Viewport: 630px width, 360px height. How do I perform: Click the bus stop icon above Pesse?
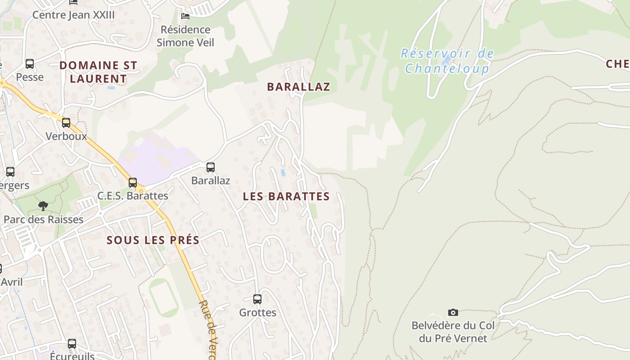[30, 64]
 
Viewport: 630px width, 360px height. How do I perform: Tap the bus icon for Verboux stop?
[66, 122]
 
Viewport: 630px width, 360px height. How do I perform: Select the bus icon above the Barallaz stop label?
[211, 167]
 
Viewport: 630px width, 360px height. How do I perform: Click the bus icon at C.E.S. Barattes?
[133, 183]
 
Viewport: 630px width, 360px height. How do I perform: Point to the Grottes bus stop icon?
[257, 299]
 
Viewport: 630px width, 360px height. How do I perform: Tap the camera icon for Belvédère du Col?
[453, 312]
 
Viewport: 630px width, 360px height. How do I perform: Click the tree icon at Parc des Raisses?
[43, 206]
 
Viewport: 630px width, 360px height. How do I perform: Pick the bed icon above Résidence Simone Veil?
[185, 16]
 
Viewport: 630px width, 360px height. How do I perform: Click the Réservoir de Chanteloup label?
[447, 61]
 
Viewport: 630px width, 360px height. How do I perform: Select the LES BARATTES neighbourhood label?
[286, 197]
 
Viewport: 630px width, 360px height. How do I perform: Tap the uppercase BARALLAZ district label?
[299, 87]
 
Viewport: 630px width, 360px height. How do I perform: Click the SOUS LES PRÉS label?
[153, 240]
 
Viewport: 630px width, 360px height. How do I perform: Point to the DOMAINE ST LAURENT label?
[98, 72]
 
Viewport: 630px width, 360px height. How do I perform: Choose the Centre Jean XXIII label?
[74, 15]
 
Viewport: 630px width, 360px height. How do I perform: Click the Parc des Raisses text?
[44, 220]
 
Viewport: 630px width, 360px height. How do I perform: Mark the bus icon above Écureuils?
[72, 344]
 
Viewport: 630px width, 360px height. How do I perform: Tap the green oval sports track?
[164, 297]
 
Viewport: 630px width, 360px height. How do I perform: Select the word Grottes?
[257, 312]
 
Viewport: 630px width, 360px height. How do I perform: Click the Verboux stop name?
[66, 136]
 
